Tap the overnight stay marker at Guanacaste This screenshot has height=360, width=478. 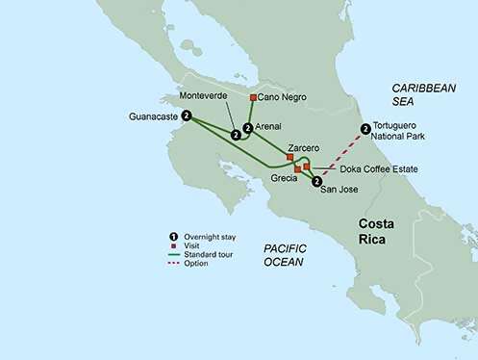[x=187, y=116]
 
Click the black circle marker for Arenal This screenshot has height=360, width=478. [x=248, y=128]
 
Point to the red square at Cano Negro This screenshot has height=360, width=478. [x=253, y=98]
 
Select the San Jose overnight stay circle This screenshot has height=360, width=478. [x=317, y=180]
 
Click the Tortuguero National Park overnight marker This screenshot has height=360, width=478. [x=365, y=130]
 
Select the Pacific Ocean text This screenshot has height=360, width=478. [x=286, y=254]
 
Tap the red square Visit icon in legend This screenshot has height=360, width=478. [x=174, y=245]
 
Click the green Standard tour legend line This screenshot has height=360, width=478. [x=174, y=254]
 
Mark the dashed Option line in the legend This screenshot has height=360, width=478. [x=174, y=263]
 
